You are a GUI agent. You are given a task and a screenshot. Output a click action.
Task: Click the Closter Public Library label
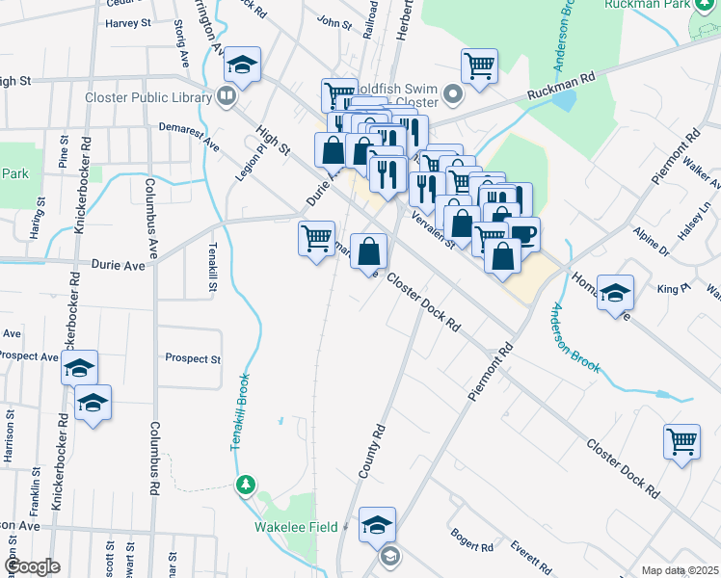click(147, 97)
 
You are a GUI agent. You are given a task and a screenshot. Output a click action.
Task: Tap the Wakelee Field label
click(296, 528)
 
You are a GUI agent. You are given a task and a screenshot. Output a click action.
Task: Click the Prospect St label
click(193, 358)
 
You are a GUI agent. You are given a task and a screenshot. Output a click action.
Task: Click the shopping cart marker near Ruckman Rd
click(478, 66)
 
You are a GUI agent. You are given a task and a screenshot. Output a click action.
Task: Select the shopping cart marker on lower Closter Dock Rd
click(681, 442)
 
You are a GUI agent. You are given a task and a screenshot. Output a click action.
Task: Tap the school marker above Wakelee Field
click(377, 525)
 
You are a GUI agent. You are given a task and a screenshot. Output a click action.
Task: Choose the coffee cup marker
click(523, 233)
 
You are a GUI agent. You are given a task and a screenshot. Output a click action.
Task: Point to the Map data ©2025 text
click(680, 570)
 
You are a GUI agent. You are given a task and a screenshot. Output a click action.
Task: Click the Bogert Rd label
click(472, 539)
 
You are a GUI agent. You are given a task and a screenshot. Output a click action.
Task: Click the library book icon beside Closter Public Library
click(226, 95)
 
